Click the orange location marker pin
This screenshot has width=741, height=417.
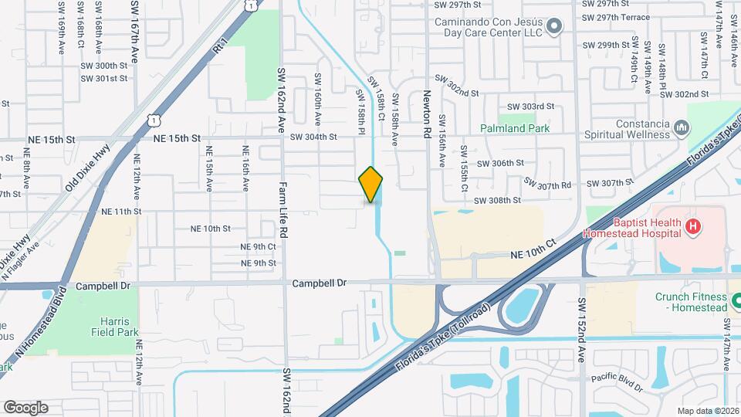[x=371, y=185]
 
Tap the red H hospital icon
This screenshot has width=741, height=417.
[x=693, y=226]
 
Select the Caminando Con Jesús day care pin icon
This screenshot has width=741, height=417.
[x=553, y=28]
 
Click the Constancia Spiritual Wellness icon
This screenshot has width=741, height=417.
[x=681, y=127]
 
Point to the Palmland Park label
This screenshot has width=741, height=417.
[x=514, y=128]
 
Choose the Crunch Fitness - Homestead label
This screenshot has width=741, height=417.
[x=691, y=302]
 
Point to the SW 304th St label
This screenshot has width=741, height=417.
[x=313, y=137]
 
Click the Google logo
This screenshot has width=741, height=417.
[x=25, y=407]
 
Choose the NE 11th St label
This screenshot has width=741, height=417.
[x=121, y=211]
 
